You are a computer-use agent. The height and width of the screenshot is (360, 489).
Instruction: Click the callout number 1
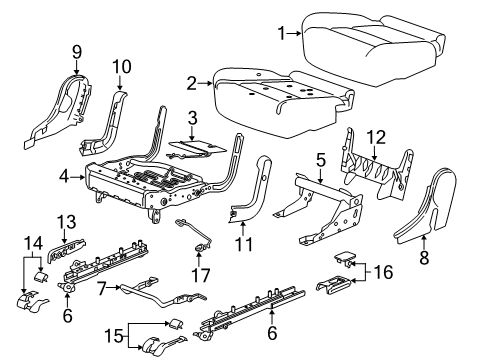(282, 32)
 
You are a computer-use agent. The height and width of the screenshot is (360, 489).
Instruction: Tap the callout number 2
(191, 82)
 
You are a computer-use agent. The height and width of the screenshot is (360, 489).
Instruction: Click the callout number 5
(320, 159)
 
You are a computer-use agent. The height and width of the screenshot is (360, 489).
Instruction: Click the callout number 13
(65, 222)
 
